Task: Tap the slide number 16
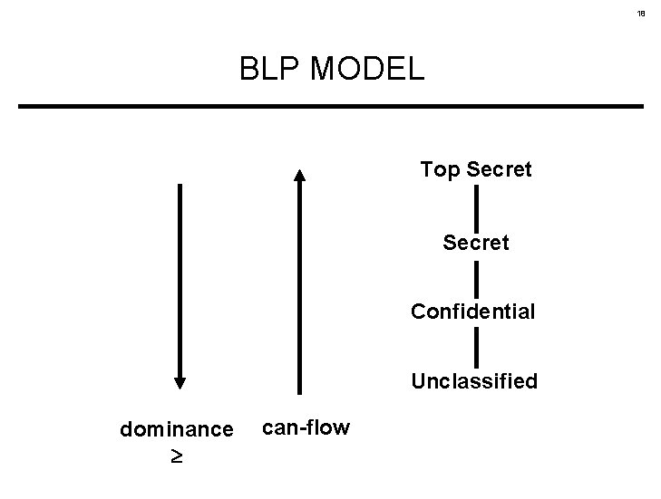[x=640, y=14]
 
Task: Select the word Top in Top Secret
[x=441, y=169]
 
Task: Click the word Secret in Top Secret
[x=500, y=169]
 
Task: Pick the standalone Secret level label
[x=476, y=243]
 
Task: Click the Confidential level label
[x=473, y=312]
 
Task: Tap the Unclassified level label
[x=474, y=381]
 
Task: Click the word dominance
[x=176, y=429]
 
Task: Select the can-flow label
[x=306, y=427]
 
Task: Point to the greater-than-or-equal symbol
[x=177, y=456]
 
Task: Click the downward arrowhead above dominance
[x=180, y=380]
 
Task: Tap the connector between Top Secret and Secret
[x=476, y=206]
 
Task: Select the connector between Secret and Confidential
[x=476, y=277]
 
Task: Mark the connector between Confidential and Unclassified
[x=476, y=347]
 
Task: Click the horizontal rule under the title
[x=331, y=107]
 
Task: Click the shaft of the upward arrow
[x=300, y=290]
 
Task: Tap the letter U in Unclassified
[x=418, y=381]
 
